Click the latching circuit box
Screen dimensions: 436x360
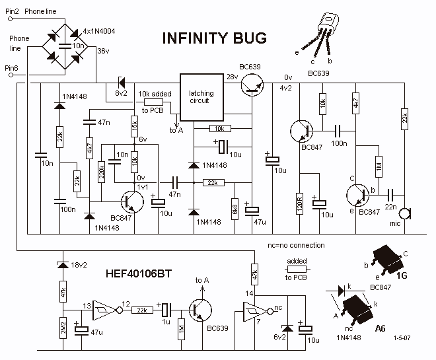coord(202,97)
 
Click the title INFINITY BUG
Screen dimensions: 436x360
coord(215,38)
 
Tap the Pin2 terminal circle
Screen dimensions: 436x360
coord(11,19)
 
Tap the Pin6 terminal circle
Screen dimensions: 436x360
coord(11,75)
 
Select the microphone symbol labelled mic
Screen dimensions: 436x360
coord(404,214)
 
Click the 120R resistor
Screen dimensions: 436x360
coord(299,203)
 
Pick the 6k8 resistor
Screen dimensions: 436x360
coord(235,209)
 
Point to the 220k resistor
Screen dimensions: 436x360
coord(101,172)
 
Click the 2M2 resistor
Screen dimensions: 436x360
coord(63,328)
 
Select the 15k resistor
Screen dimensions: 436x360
coord(135,126)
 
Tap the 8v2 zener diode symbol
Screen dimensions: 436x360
coord(122,83)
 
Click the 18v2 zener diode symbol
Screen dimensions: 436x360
coord(63,265)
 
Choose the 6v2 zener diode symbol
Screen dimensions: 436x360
coord(287,328)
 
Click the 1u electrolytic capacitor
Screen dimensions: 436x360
coord(166,310)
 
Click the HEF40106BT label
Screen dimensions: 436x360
coord(139,273)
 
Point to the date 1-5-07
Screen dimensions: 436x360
coord(402,338)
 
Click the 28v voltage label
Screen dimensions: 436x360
coord(232,77)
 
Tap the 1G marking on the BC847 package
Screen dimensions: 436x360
coord(402,275)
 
